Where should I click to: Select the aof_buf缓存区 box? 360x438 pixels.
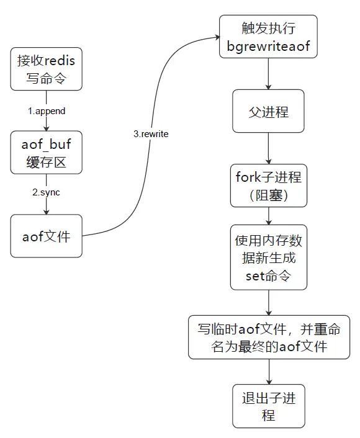pyautogui.click(x=47, y=153)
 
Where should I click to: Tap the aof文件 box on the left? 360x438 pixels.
pyautogui.click(x=47, y=236)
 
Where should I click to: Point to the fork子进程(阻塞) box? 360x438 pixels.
pyautogui.click(x=268, y=185)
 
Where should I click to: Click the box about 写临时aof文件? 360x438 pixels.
pyautogui.click(x=268, y=337)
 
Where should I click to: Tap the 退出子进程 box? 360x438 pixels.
pyautogui.click(x=268, y=406)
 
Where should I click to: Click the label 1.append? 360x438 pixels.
pyautogui.click(x=47, y=111)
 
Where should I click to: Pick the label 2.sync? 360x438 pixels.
pyautogui.click(x=47, y=193)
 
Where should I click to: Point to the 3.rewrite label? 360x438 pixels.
pyautogui.click(x=151, y=134)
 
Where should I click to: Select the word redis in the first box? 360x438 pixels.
pyautogui.click(x=60, y=60)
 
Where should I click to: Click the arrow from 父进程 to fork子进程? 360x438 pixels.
pyautogui.click(x=268, y=148)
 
